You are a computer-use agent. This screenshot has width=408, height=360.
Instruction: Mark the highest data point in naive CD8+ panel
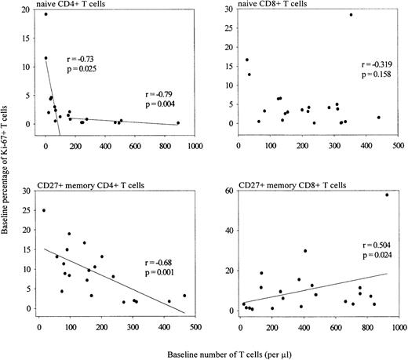pyautogui.click(x=351, y=15)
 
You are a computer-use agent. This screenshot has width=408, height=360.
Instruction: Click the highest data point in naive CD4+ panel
pyautogui.click(x=46, y=14)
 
